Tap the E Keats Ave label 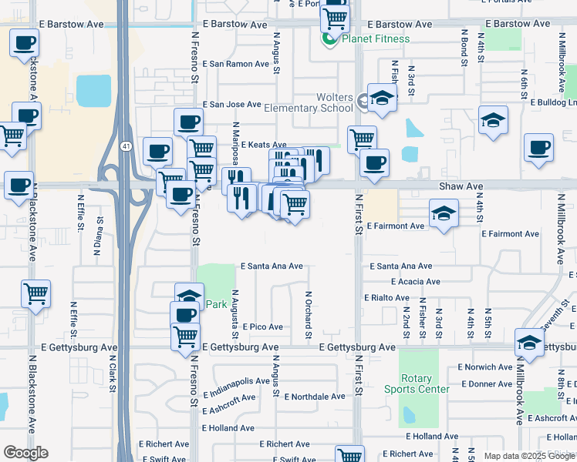[263, 145]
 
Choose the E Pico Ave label [262, 327]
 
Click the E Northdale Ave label [315, 397]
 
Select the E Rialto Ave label [386, 297]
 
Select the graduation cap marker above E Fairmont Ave [444, 214]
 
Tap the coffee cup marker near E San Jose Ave [188, 122]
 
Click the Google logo [25, 453]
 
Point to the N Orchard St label [308, 314]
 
